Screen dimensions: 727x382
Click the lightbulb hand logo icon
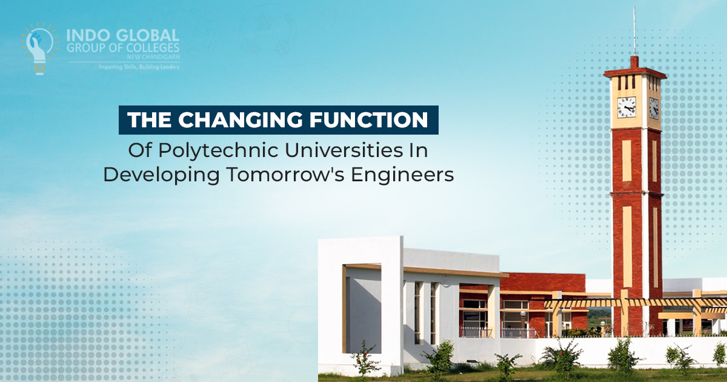39,48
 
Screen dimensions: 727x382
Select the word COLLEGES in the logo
150,48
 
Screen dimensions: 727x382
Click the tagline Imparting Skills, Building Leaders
139,67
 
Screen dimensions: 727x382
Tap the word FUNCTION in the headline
368,120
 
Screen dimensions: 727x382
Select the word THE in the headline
149,120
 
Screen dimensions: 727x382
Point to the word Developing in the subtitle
161,175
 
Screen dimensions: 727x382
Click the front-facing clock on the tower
626,107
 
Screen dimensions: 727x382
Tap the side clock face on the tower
654,108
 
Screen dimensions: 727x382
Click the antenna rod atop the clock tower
634,31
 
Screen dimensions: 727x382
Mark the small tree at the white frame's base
365,357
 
